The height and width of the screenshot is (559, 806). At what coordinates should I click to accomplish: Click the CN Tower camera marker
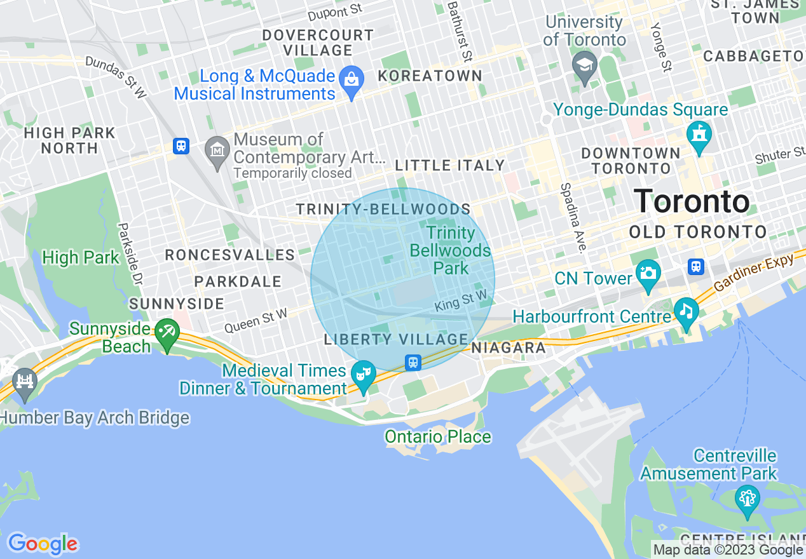click(648, 274)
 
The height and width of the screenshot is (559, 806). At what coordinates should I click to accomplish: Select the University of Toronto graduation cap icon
click(584, 65)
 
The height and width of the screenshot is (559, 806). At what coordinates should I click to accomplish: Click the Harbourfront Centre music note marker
click(685, 312)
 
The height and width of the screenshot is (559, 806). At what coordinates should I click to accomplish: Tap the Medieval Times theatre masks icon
click(364, 375)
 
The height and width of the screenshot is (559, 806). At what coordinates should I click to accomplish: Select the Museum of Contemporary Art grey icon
click(217, 151)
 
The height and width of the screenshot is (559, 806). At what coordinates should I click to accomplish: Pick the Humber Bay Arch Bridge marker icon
click(25, 382)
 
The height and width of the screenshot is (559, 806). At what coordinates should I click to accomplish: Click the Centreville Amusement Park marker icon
click(748, 498)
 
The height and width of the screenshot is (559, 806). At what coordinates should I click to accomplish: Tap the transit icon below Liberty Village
click(413, 363)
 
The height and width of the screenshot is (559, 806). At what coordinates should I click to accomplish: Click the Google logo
click(43, 544)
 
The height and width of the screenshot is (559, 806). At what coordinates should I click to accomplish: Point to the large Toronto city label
click(692, 202)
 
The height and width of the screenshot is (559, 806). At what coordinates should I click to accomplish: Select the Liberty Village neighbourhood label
click(396, 339)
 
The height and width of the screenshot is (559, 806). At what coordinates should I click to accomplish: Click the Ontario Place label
click(438, 437)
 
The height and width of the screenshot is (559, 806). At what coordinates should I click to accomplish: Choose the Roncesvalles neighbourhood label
click(230, 255)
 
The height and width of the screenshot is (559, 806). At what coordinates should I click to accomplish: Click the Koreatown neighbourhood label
click(430, 76)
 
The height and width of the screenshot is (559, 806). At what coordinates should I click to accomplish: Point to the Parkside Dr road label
click(131, 254)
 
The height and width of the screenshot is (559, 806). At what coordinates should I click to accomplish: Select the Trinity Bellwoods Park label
click(451, 250)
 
